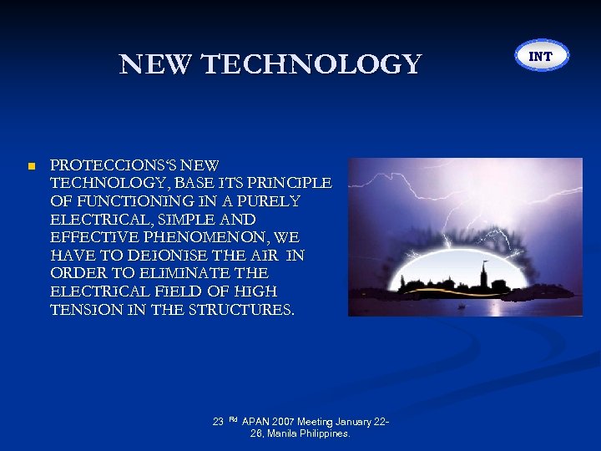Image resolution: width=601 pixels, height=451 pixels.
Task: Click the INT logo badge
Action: coord(541,56)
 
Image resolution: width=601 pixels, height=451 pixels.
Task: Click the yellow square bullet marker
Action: coord(31,166)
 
